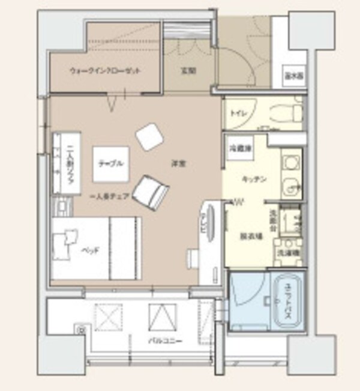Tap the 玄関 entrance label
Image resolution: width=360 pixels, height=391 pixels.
[x=188, y=70]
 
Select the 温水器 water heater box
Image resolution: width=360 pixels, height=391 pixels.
[x=293, y=76]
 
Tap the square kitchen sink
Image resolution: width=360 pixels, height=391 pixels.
[x=290, y=163]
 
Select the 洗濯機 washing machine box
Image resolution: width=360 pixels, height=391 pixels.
[x=287, y=253]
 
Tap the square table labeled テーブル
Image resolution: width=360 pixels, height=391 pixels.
[x=111, y=163]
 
